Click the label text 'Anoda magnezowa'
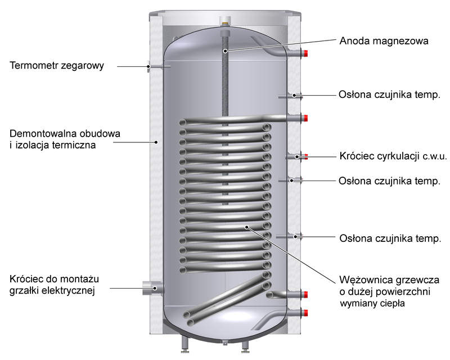(x=384, y=40)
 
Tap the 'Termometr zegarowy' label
(x=57, y=65)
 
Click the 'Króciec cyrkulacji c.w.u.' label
(x=393, y=156)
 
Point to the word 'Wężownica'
(x=363, y=280)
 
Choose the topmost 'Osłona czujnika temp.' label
(x=389, y=94)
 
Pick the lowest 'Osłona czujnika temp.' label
(x=390, y=238)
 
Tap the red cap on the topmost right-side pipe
(x=306, y=53)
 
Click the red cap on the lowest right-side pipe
(x=306, y=313)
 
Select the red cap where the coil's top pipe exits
(x=306, y=118)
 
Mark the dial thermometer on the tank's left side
(x=148, y=66)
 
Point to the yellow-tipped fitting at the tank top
(x=225, y=21)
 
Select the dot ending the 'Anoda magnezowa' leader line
(x=226, y=51)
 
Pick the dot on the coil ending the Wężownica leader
(x=246, y=227)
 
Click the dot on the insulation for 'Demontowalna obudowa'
(x=156, y=142)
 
